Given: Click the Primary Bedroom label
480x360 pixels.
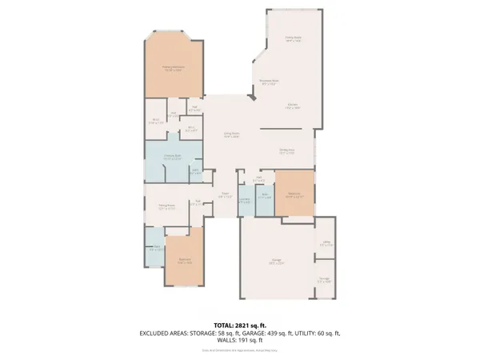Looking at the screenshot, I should [x=173, y=68].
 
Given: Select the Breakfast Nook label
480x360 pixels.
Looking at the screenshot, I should [x=267, y=80].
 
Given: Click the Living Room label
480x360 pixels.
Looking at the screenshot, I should [x=232, y=135].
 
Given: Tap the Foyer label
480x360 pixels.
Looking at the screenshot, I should [x=226, y=194].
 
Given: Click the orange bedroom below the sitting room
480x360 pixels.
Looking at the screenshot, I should [x=183, y=260].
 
